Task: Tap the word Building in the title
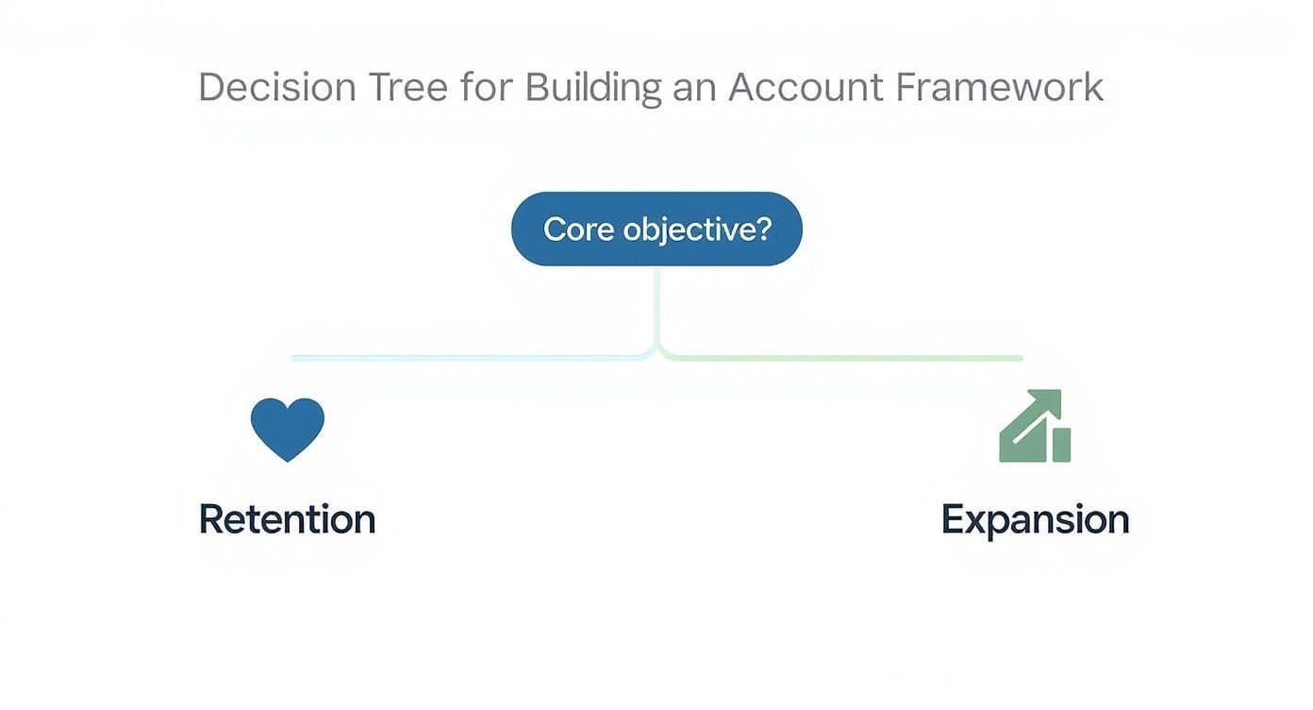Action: [x=580, y=88]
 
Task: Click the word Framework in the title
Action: [x=999, y=88]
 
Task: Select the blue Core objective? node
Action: [x=656, y=228]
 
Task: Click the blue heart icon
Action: [x=288, y=428]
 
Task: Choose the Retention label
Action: [x=288, y=519]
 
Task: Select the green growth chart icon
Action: [x=1034, y=427]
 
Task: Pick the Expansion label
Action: [x=1035, y=519]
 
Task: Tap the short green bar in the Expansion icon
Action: [x=1061, y=445]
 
